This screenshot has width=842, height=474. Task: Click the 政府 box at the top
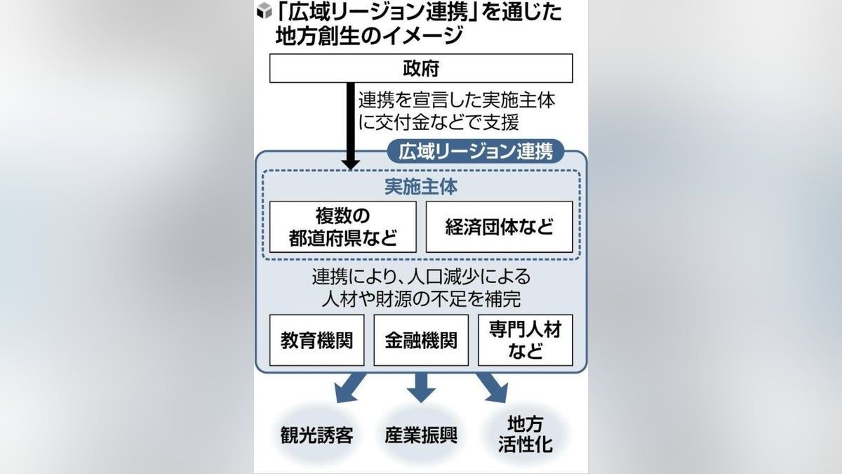pyautogui.click(x=421, y=68)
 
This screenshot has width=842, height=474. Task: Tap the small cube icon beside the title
pyautogui.click(x=265, y=12)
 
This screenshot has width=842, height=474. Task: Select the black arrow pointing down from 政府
pyautogui.click(x=351, y=126)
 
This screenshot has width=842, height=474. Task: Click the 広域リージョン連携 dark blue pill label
pyautogui.click(x=476, y=151)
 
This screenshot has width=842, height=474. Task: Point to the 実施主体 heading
pyautogui.click(x=421, y=187)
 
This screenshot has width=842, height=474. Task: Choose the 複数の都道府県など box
pyautogui.click(x=342, y=227)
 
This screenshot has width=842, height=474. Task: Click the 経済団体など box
pyautogui.click(x=499, y=227)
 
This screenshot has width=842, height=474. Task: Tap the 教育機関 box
pyautogui.click(x=316, y=340)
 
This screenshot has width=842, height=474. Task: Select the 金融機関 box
pyautogui.click(x=421, y=340)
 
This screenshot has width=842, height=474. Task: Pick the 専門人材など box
pyautogui.click(x=525, y=340)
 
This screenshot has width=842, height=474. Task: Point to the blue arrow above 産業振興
pyautogui.click(x=421, y=387)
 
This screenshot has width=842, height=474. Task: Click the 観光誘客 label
pyautogui.click(x=312, y=435)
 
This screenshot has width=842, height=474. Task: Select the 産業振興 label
pyautogui.click(x=421, y=435)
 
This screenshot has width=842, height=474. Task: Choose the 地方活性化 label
pyautogui.click(x=525, y=435)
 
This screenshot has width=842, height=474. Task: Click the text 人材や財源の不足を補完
pyautogui.click(x=421, y=298)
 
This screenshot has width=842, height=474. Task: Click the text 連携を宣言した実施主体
pyautogui.click(x=457, y=100)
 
